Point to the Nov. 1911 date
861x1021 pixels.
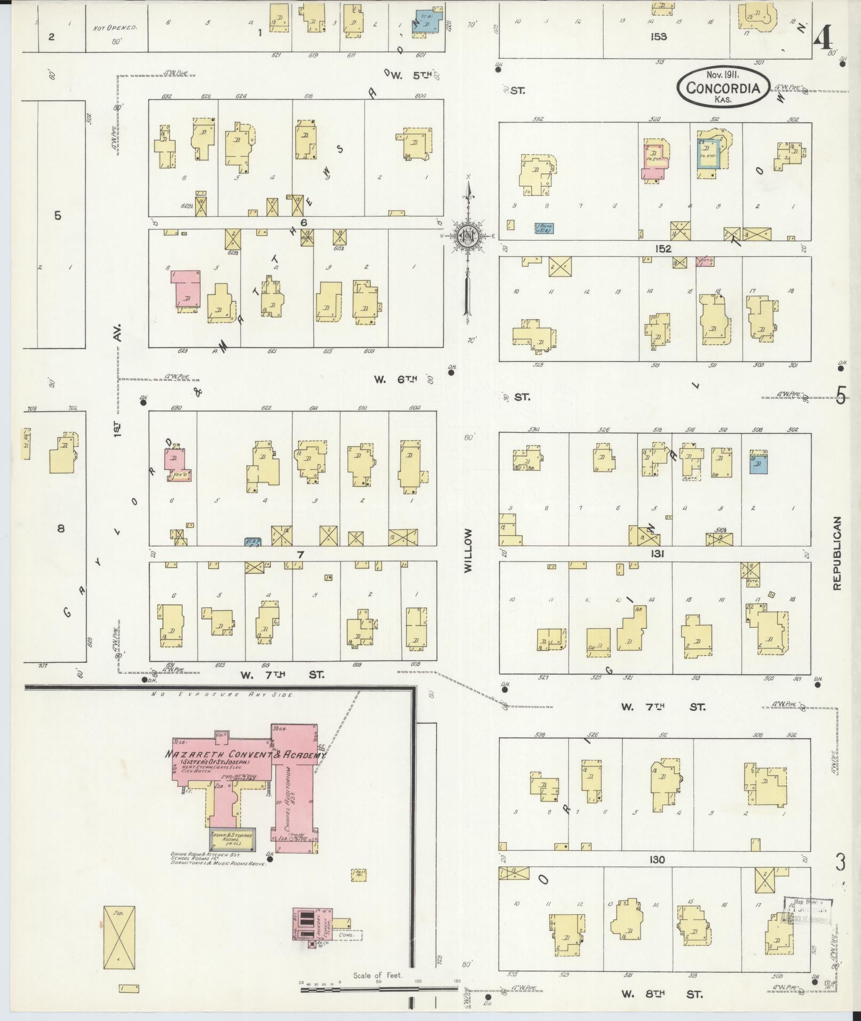coord(723,75)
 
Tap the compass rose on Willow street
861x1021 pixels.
coord(468,235)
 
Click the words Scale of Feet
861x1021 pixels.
coord(378,976)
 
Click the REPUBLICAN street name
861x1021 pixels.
coord(836,552)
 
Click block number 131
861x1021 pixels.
coord(657,554)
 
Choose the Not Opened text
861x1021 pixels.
coord(115,27)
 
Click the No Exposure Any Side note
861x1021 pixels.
coord(223,695)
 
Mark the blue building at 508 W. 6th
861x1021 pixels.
coord(758,463)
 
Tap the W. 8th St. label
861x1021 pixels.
coord(662,994)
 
